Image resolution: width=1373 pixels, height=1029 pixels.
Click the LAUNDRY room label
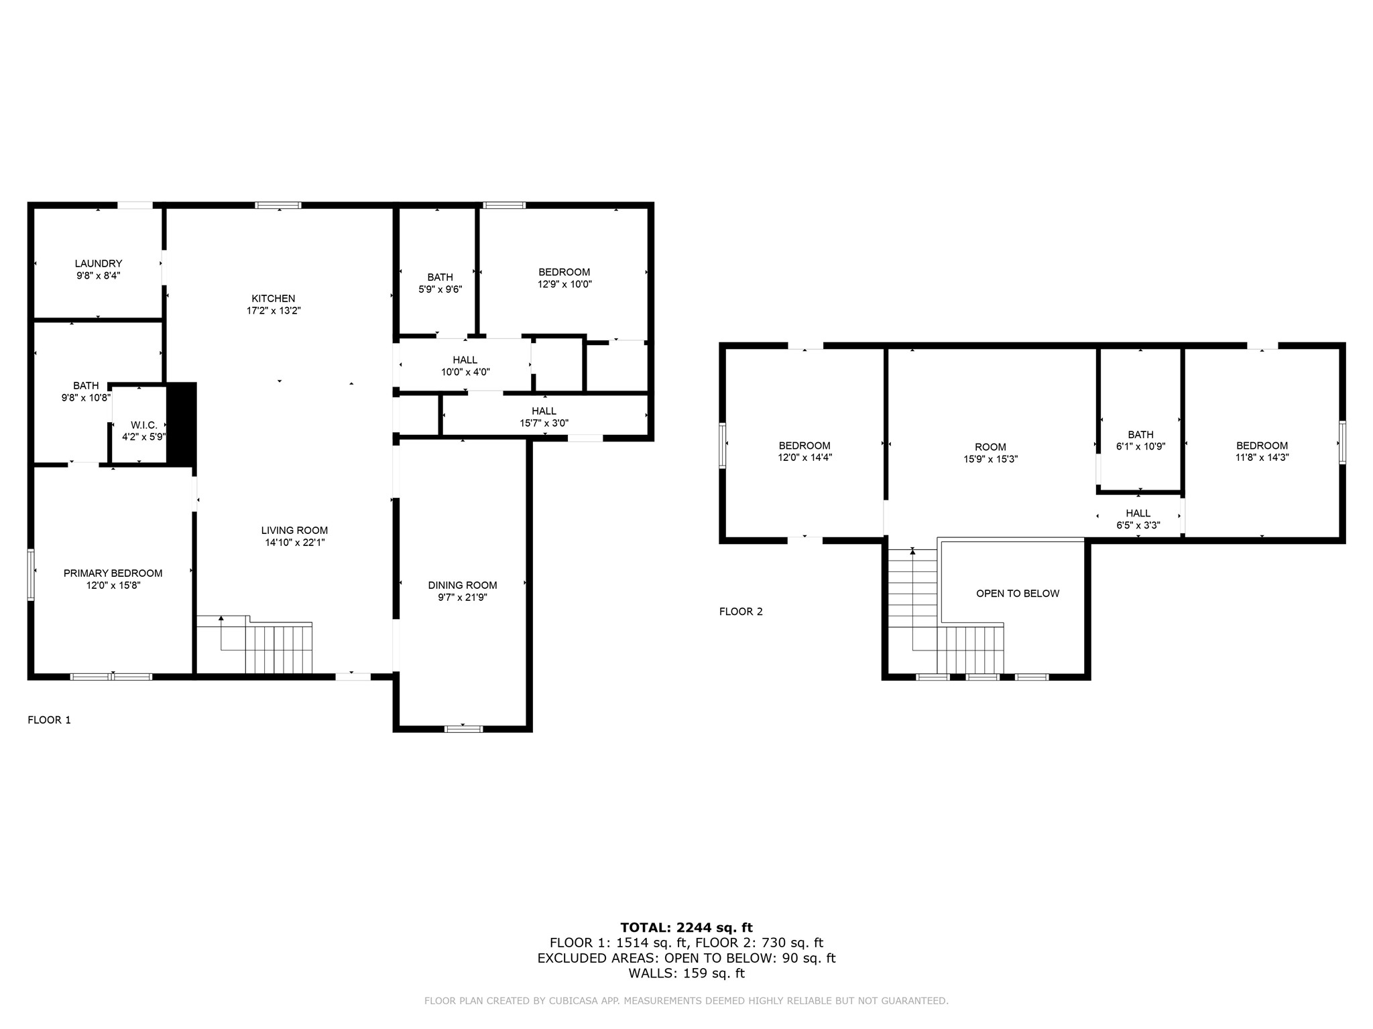[99, 264]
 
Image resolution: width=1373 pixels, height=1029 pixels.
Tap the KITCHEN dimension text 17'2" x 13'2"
[274, 311]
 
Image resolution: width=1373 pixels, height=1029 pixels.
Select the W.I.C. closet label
[143, 425]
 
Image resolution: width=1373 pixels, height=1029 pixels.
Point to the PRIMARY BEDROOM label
[113, 573]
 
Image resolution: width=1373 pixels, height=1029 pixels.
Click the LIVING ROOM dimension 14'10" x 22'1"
[295, 543]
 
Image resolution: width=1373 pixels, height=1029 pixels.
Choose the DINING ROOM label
[463, 586]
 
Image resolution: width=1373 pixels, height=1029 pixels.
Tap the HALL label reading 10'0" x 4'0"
[465, 366]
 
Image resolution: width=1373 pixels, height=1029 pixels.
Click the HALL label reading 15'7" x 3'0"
[544, 417]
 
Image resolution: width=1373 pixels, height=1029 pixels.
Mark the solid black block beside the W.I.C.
[181, 423]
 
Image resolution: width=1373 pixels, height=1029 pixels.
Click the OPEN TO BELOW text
[1017, 594]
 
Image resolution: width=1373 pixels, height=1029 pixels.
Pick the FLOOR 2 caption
[741, 612]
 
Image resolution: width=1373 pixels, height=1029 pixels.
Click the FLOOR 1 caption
[49, 720]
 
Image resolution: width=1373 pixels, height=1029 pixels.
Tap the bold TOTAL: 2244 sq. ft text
[686, 928]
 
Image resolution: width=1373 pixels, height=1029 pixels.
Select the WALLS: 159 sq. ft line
[686, 973]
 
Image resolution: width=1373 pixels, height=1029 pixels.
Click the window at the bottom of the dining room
[463, 729]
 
